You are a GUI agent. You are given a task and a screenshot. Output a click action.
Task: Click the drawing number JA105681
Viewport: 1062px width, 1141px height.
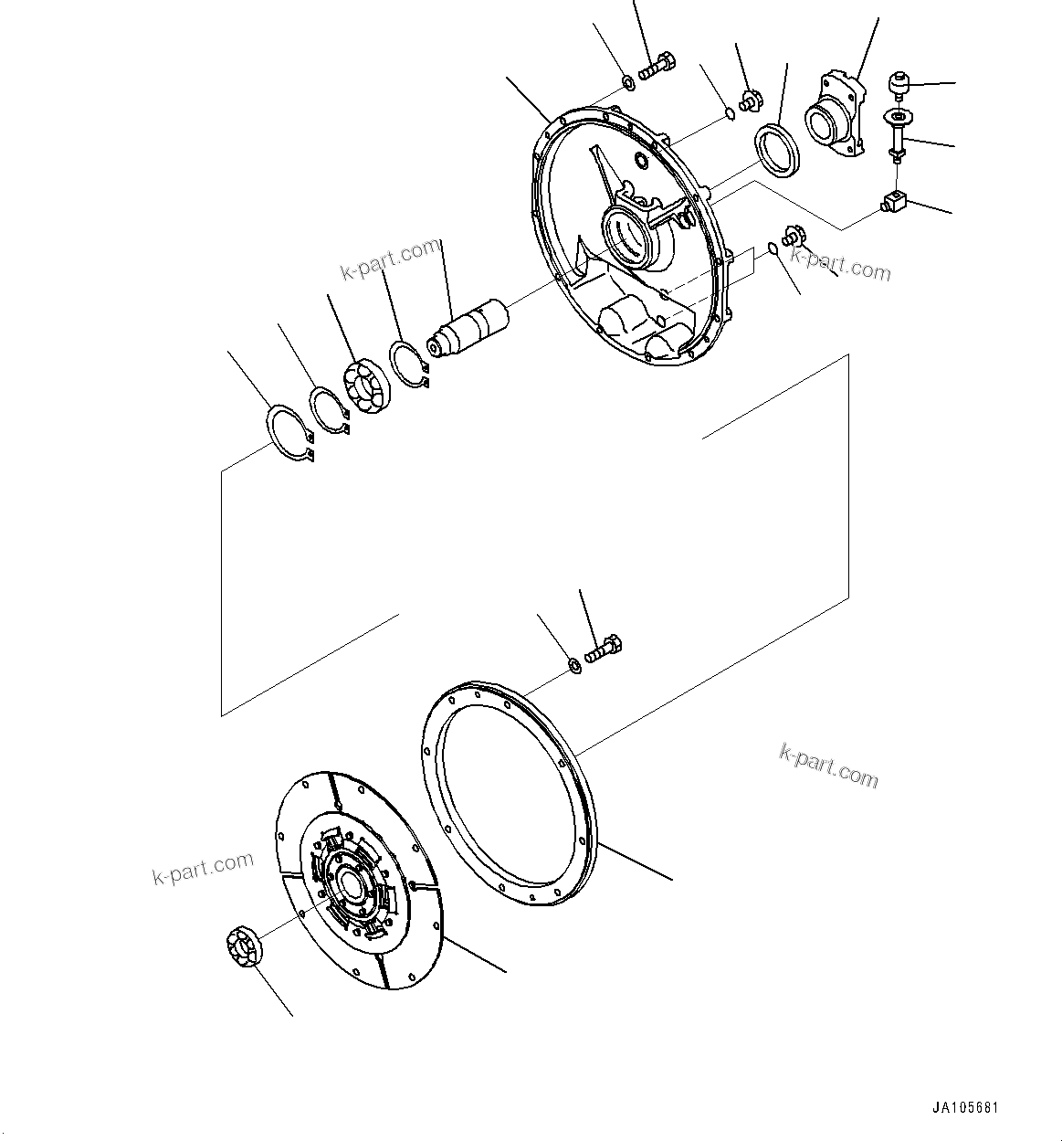pos(966,1108)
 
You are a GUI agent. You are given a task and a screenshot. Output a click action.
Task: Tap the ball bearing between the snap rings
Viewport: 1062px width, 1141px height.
pos(368,388)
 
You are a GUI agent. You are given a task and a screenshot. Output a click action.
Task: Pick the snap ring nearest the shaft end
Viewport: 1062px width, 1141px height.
pos(407,362)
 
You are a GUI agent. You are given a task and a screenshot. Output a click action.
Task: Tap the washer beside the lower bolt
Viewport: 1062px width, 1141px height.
pos(575,666)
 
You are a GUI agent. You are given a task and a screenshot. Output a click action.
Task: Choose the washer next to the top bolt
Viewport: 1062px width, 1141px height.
pos(629,85)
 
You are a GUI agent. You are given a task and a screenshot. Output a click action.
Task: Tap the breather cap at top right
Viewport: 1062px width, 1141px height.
pos(899,85)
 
